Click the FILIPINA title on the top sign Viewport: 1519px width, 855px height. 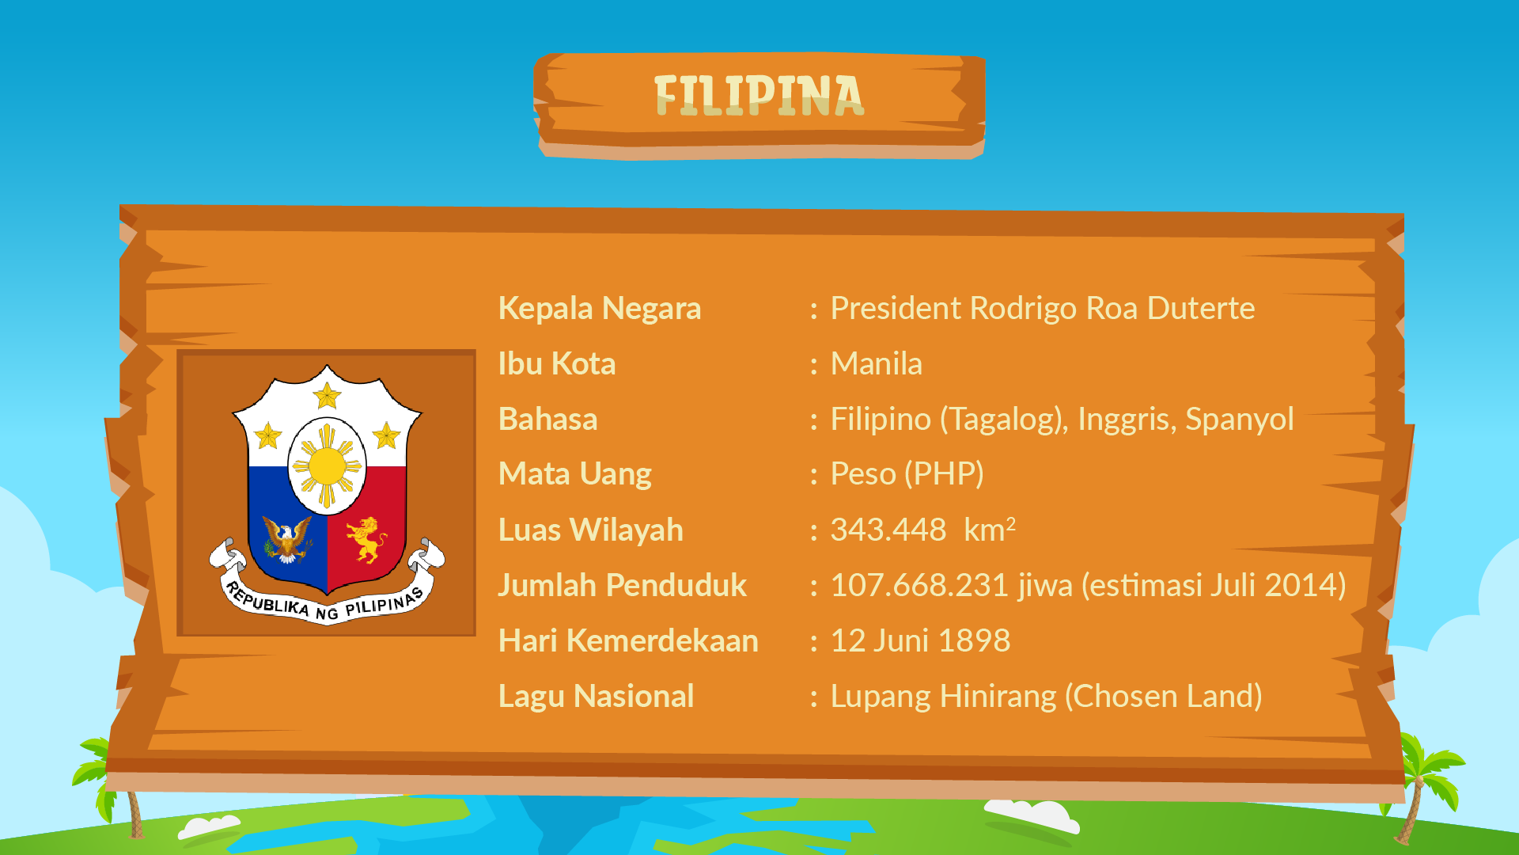coord(759,96)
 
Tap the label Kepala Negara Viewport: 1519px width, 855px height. coord(600,309)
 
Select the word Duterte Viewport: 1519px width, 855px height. coord(1201,308)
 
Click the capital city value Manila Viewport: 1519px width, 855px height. coord(877,364)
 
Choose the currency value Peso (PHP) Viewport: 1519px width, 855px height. coord(907,474)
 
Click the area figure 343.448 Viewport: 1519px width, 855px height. coord(888,530)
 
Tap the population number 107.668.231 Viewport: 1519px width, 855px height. coord(919,585)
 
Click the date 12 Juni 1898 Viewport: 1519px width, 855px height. coord(920,640)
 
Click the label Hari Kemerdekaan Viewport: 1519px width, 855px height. coord(628,640)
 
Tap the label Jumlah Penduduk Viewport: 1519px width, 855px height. coord(623,585)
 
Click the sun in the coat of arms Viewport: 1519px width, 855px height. coord(327,466)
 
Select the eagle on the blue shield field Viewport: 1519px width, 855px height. coord(287,539)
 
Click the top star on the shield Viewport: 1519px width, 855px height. coord(327,395)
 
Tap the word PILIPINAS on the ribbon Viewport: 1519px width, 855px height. coord(384,603)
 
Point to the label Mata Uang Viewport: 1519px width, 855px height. coord(575,474)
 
